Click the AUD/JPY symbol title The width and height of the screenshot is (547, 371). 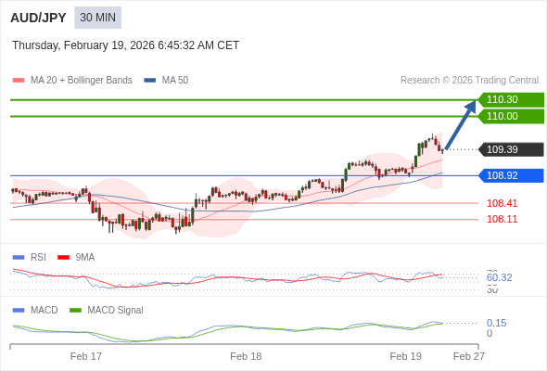[x=38, y=18]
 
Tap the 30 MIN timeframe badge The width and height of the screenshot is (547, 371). [x=97, y=18]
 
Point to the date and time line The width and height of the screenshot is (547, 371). [x=125, y=45]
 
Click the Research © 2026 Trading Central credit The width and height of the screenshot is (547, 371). [x=469, y=80]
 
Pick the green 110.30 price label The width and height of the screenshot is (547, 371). [x=510, y=99]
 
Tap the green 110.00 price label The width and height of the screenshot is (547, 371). [x=510, y=116]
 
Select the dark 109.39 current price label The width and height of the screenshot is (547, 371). [x=510, y=149]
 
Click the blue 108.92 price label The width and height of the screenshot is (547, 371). [x=510, y=175]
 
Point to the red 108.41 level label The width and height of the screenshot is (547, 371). [x=502, y=203]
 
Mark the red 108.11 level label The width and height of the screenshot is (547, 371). [x=502, y=219]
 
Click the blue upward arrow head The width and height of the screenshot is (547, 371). [x=471, y=107]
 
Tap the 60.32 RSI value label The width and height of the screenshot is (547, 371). [x=499, y=277]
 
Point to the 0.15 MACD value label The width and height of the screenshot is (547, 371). [x=496, y=323]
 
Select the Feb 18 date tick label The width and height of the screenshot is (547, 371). [x=246, y=356]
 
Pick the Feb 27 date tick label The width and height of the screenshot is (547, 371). [x=468, y=356]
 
